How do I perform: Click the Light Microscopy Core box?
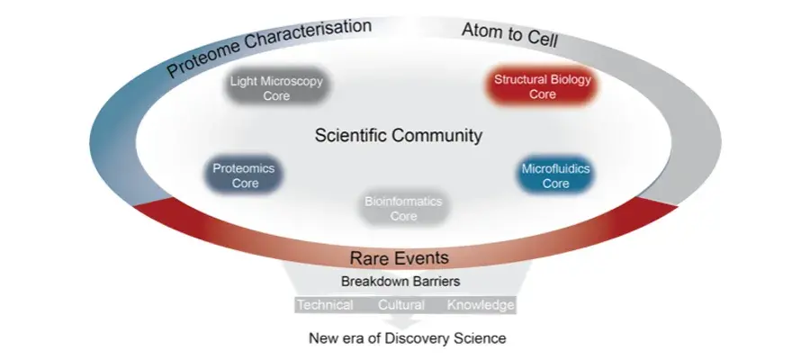tap(276, 87)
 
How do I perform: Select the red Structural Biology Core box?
tap(543, 86)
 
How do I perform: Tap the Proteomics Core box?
tap(244, 175)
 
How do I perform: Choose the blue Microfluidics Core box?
tap(555, 175)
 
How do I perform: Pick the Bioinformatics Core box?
tap(403, 208)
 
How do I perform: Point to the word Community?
tap(437, 136)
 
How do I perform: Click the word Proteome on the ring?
tap(203, 58)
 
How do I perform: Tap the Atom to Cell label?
tap(510, 35)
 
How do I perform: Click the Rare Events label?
tap(400, 257)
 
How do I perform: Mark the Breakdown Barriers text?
tap(400, 282)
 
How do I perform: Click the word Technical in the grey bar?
tap(326, 305)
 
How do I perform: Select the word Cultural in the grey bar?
tap(401, 305)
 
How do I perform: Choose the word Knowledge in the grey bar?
tap(481, 305)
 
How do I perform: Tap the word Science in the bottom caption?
tap(479, 338)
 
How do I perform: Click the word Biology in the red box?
tap(571, 80)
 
